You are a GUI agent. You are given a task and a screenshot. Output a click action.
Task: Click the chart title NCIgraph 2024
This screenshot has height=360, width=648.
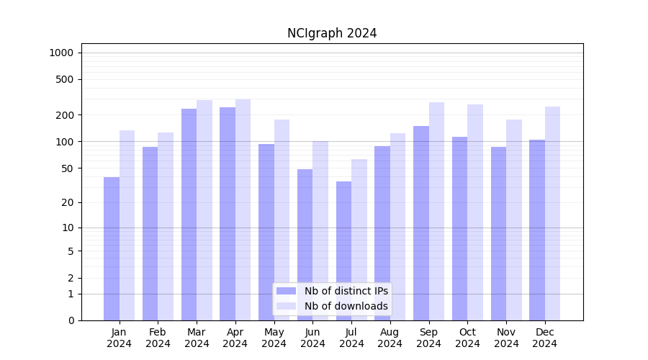pos(332,33)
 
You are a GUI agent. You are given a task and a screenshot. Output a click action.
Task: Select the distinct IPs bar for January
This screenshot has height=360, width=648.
pos(112,248)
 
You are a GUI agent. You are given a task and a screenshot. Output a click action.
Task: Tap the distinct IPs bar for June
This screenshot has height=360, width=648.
pos(305,245)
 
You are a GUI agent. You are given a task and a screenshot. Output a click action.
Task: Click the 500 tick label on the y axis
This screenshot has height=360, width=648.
pos(66,79)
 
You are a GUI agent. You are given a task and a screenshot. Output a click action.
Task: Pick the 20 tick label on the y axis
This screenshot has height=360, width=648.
pos(68,202)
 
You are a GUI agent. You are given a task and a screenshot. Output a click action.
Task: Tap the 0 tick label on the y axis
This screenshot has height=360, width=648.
pos(71,320)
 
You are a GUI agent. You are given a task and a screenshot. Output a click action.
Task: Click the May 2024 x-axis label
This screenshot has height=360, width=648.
pos(274,338)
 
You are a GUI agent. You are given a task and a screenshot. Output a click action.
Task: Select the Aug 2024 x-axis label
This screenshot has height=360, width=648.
pos(390,338)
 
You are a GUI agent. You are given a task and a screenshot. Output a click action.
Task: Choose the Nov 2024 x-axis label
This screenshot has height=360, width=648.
pos(506,338)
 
